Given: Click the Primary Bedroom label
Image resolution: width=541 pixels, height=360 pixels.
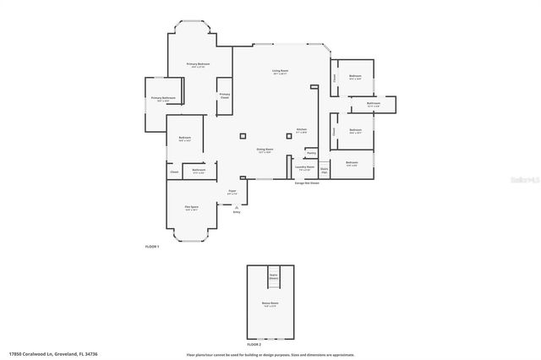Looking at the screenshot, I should (199, 64).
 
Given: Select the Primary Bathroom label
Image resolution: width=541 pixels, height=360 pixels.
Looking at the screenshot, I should (163, 98).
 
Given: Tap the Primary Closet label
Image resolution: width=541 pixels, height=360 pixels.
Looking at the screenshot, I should (225, 95).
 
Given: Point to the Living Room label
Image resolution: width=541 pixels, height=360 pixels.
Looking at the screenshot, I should (280, 71).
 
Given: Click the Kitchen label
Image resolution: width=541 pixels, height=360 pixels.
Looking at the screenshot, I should (301, 129).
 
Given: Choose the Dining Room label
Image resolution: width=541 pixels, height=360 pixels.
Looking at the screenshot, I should (265, 150).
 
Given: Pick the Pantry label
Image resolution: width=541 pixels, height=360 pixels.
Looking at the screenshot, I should (311, 153).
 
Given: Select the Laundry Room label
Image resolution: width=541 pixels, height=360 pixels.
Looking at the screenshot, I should (304, 167).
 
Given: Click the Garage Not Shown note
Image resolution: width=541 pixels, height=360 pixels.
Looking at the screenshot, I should (307, 183).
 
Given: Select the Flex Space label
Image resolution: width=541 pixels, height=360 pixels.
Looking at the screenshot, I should (191, 207).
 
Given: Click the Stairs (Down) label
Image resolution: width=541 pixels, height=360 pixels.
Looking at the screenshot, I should (273, 275).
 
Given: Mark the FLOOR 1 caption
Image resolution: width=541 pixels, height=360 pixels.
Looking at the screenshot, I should (152, 246).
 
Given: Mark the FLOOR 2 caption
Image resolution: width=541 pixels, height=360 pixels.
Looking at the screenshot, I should (254, 345).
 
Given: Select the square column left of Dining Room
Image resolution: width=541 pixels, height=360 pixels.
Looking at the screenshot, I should (243, 135).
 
